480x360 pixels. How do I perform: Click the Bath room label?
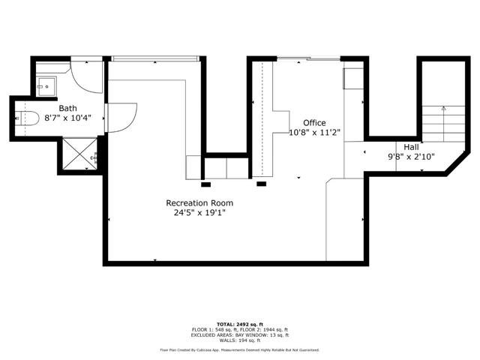[x=68, y=108]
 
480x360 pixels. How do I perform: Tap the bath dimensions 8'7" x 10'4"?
[x=68, y=118]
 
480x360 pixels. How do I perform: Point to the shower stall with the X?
[x=76, y=154]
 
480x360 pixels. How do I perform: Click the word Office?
[x=315, y=122]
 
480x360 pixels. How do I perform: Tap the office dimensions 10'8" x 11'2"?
[x=315, y=132]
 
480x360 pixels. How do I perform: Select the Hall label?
[x=411, y=147]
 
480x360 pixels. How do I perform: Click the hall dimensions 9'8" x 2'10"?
[x=411, y=157]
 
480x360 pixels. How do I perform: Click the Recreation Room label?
[x=199, y=202]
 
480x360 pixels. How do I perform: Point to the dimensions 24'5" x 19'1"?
[x=199, y=212]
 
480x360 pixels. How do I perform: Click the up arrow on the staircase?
[x=443, y=109]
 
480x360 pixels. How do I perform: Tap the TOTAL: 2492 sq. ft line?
[x=239, y=325]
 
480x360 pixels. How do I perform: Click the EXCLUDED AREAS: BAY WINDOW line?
[x=239, y=334]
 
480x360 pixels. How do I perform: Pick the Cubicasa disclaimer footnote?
[x=239, y=349]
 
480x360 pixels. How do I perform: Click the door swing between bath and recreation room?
[x=120, y=117]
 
